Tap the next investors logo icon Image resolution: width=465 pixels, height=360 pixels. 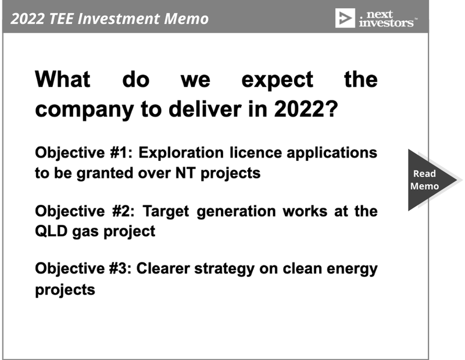pyautogui.click(x=345, y=18)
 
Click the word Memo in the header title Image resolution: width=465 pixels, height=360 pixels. pyautogui.click(x=186, y=19)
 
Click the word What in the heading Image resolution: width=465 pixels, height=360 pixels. pyautogui.click(x=63, y=80)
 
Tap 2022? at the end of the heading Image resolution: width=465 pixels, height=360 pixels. pyautogui.click(x=306, y=109)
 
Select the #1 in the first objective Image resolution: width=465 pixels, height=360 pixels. pyautogui.click(x=120, y=153)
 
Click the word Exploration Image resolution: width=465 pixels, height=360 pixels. pyautogui.click(x=181, y=153)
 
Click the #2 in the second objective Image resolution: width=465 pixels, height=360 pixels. pyautogui.click(x=123, y=211)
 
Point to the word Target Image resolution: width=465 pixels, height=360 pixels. pyautogui.click(x=166, y=212)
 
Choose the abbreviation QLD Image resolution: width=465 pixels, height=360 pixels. pyautogui.click(x=51, y=231)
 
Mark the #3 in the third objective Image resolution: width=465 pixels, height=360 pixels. pyautogui.click(x=120, y=268)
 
